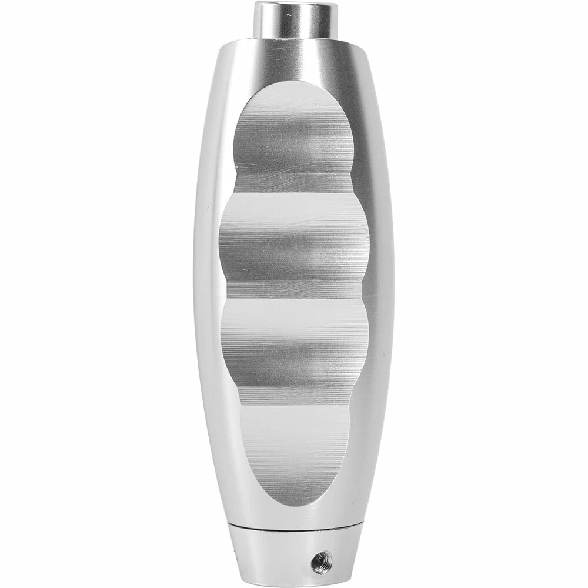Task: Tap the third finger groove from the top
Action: coord(294,347)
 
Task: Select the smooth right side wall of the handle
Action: coord(380,294)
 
